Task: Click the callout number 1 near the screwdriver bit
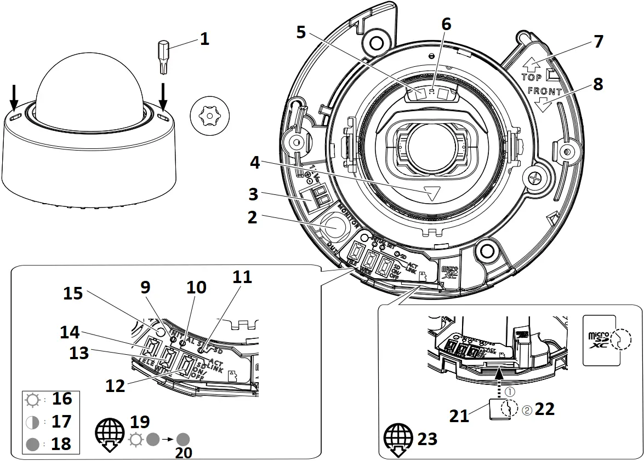coord(204,39)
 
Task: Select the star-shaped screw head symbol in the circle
coord(210,116)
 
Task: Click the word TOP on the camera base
coord(531,77)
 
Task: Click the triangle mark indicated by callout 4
coord(432,193)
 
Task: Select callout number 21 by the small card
coord(459,416)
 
